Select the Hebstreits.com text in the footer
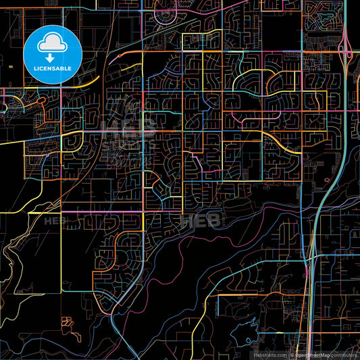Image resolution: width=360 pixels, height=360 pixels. tap(270, 355)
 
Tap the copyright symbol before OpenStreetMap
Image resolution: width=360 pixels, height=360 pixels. tap(292, 355)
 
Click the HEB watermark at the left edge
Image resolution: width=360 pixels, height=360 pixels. tap(51, 220)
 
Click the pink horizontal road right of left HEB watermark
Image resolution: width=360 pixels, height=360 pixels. tap(95, 217)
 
